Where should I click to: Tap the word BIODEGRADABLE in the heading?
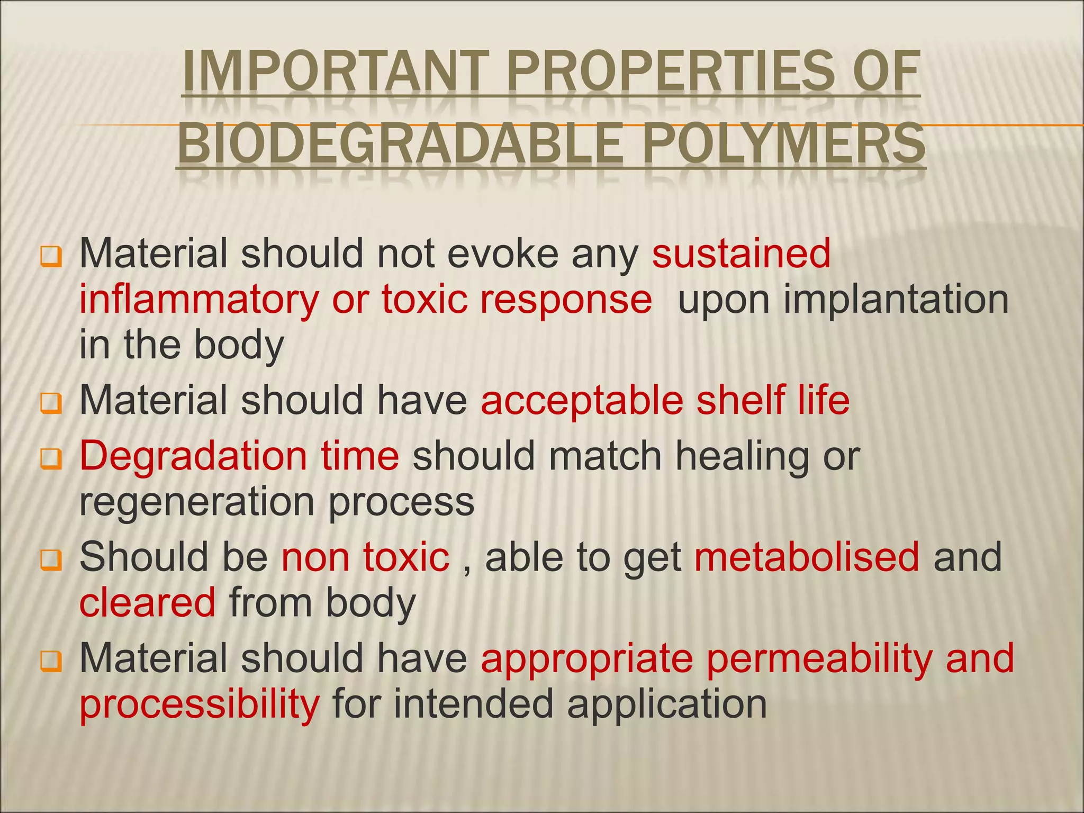(x=400, y=143)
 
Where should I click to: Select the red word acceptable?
(x=582, y=401)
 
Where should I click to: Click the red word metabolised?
(x=807, y=557)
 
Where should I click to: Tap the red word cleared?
(x=148, y=603)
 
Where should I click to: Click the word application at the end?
(x=667, y=704)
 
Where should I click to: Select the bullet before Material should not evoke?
(x=51, y=257)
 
